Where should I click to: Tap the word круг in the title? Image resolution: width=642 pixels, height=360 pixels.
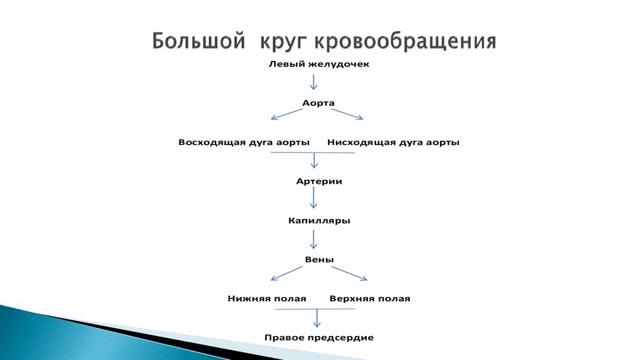tap(280, 43)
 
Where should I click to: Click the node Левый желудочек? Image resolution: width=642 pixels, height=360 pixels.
tap(315, 64)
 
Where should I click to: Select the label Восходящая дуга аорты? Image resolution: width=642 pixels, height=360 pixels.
tap(244, 142)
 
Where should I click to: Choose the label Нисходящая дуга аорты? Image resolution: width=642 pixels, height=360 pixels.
tap(393, 142)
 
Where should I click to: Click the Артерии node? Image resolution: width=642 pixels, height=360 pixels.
tap(318, 181)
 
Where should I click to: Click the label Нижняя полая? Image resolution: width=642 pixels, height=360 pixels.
tap(266, 299)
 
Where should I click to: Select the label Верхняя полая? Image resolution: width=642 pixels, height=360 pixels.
tap(369, 299)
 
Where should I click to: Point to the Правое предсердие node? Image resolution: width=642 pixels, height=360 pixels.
tap(318, 337)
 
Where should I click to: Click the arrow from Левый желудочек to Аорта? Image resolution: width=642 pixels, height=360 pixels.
tap(314, 82)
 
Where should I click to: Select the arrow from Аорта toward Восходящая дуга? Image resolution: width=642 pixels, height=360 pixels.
tap(285, 114)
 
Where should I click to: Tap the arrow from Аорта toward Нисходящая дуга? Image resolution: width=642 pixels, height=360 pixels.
tap(347, 114)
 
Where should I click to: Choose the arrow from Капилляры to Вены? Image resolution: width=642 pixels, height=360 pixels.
tap(314, 239)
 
